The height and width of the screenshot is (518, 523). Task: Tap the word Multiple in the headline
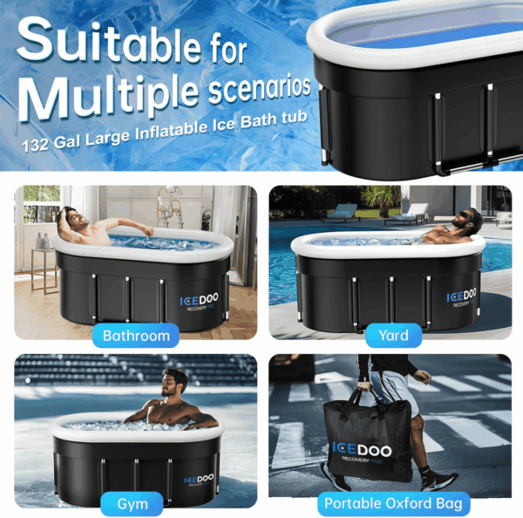(109, 97)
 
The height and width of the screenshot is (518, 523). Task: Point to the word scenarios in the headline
(259, 87)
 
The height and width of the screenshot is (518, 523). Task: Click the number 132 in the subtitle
(36, 145)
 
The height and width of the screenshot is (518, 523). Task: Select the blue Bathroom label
(136, 336)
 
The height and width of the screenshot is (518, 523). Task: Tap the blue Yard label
(394, 335)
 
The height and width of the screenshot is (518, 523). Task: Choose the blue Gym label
(132, 504)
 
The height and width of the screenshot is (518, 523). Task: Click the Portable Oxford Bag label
(394, 503)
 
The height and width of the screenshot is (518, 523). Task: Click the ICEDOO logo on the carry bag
(363, 450)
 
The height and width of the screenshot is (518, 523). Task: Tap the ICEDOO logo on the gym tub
(199, 480)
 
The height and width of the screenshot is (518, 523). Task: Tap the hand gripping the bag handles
(363, 386)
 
